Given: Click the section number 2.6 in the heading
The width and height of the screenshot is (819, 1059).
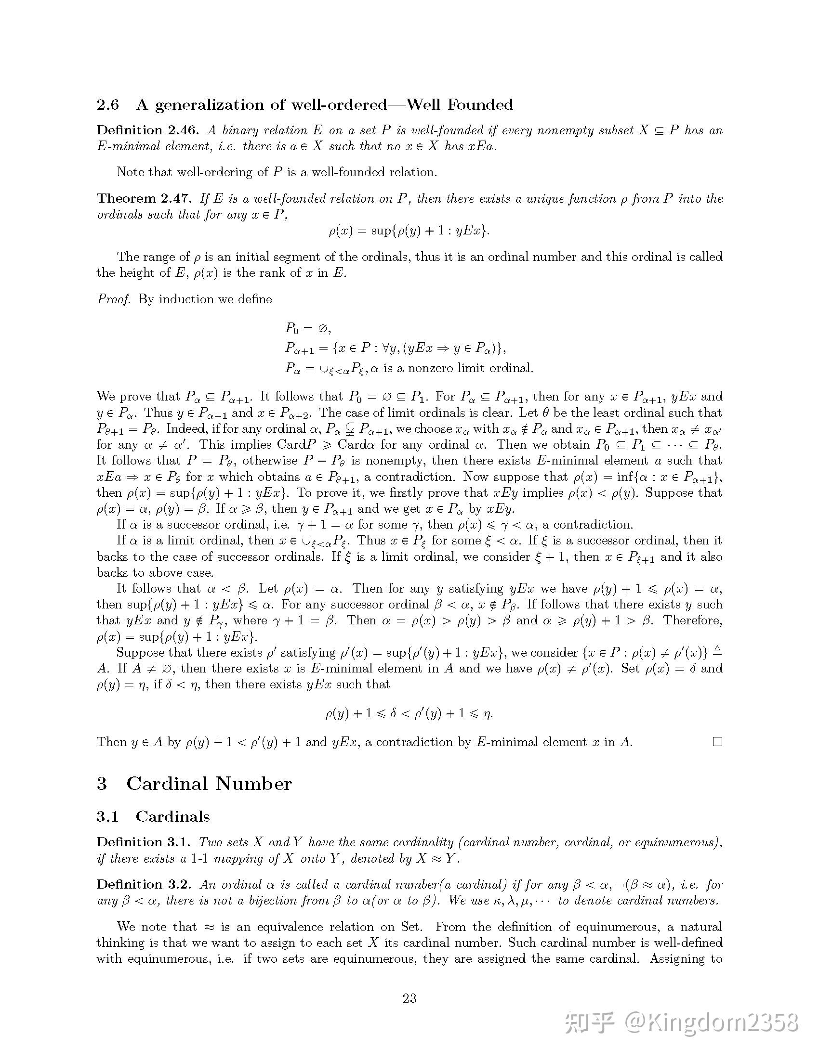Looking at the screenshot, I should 108,105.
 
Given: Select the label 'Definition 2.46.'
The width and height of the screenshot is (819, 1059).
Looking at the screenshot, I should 147,130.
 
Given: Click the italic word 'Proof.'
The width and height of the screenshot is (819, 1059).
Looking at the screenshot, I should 114,299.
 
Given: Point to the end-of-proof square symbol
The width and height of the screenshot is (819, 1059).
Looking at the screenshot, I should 717,742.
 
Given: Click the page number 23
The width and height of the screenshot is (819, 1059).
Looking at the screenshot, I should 409,998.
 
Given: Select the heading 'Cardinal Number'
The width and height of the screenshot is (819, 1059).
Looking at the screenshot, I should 209,784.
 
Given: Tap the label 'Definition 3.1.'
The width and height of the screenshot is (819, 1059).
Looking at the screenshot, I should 144,842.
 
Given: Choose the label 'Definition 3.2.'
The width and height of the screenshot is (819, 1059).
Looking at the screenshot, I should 145,884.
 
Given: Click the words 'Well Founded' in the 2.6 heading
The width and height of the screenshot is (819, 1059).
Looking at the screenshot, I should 459,105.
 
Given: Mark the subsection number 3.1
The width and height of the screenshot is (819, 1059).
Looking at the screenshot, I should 107,816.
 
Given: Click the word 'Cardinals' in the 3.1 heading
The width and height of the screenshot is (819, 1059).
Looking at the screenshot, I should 173,816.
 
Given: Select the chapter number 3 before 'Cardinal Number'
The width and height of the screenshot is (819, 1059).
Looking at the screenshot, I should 102,784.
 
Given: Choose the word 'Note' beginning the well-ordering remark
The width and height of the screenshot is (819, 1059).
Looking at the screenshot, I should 131,172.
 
